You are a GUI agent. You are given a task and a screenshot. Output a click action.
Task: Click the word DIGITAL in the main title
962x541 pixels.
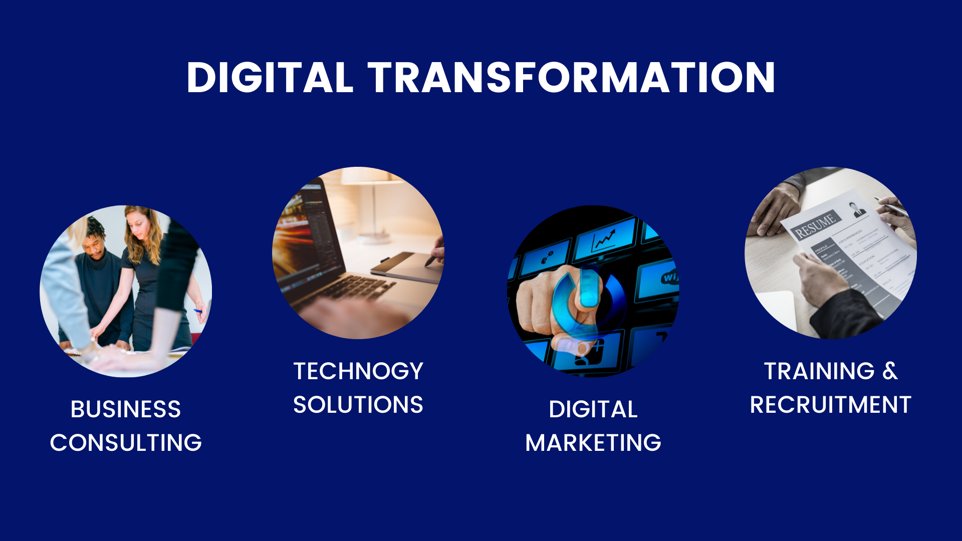point(270,78)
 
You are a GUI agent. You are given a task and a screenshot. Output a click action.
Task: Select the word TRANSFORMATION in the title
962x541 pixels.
point(572,78)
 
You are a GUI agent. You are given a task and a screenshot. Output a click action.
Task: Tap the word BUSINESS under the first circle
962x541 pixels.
point(126,409)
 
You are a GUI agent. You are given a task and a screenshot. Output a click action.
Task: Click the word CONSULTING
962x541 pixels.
point(126,443)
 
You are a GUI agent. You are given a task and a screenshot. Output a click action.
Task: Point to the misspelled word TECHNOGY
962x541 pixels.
point(358,371)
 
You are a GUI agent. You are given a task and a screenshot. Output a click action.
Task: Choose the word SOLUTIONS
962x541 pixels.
point(358,405)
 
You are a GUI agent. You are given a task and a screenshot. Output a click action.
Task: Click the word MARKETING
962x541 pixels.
point(593,443)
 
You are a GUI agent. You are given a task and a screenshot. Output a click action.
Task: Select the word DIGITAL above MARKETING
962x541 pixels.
point(593,409)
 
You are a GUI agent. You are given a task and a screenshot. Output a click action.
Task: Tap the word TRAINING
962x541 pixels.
point(820,371)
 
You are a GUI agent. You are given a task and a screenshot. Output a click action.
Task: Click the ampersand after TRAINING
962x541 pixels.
point(890,371)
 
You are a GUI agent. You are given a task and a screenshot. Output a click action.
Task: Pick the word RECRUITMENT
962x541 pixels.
point(831,405)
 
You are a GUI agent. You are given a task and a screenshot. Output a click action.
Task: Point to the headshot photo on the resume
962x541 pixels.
point(857,209)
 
